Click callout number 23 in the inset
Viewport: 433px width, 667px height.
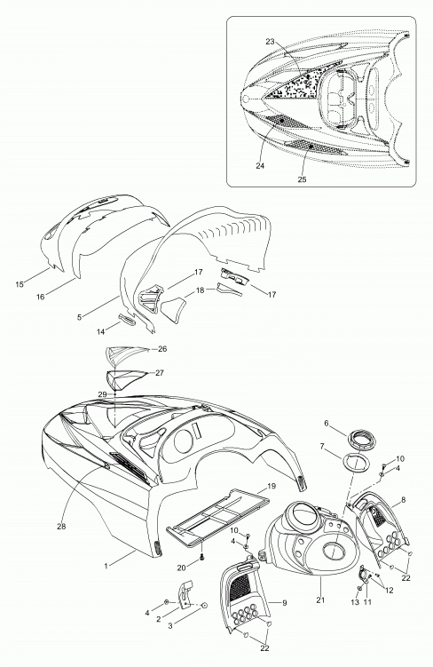(x=271, y=42)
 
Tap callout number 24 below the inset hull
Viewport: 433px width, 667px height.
(x=260, y=166)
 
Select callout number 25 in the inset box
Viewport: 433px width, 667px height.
(x=302, y=179)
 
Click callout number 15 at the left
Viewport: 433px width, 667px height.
(x=20, y=284)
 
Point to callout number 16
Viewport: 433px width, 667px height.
(x=40, y=297)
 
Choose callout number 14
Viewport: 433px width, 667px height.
(x=100, y=332)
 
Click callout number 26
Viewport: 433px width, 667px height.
(x=162, y=349)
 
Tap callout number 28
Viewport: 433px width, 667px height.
(x=61, y=527)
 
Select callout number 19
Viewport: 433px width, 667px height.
(x=272, y=486)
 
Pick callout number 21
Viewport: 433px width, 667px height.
(x=320, y=600)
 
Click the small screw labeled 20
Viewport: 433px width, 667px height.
(x=202, y=556)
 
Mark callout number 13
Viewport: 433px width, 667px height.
(x=355, y=602)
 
